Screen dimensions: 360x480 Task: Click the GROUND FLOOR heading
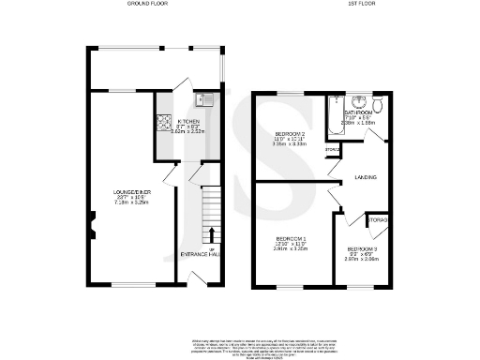150,5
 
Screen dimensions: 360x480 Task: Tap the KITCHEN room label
188,122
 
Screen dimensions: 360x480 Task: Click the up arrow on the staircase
211,234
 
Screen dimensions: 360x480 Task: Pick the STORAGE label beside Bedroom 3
379,220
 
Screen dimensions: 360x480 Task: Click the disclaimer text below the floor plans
240,344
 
